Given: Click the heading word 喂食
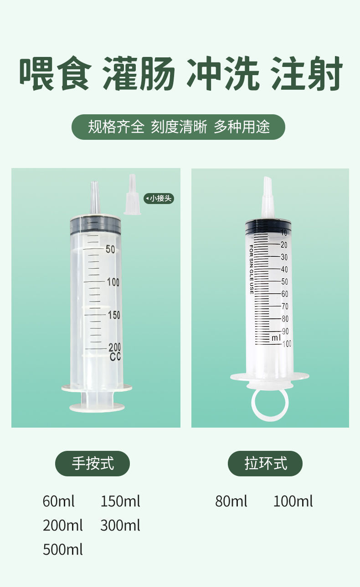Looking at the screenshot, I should click(55, 73).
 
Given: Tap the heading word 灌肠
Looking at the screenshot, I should click(139, 73).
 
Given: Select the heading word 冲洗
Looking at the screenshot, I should click(223, 73).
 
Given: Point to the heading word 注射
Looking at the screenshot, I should click(306, 73).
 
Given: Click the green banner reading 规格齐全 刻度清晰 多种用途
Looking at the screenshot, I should click(179, 127).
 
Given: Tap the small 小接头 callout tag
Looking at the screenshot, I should click(159, 199).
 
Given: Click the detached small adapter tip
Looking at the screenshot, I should click(132, 195).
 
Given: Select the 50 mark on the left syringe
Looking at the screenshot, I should click(110, 249).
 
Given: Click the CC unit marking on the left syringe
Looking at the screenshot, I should click(115, 357).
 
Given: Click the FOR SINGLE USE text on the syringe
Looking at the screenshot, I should click(251, 270).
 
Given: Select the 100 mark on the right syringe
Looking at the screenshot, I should click(287, 344).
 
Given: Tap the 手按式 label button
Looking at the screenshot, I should click(93, 464).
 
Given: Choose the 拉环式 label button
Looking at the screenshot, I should click(265, 464).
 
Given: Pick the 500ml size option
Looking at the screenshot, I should click(63, 550).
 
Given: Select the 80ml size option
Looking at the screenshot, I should click(231, 501).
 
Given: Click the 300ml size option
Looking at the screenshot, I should click(120, 526).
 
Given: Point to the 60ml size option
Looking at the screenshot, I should click(58, 501).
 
